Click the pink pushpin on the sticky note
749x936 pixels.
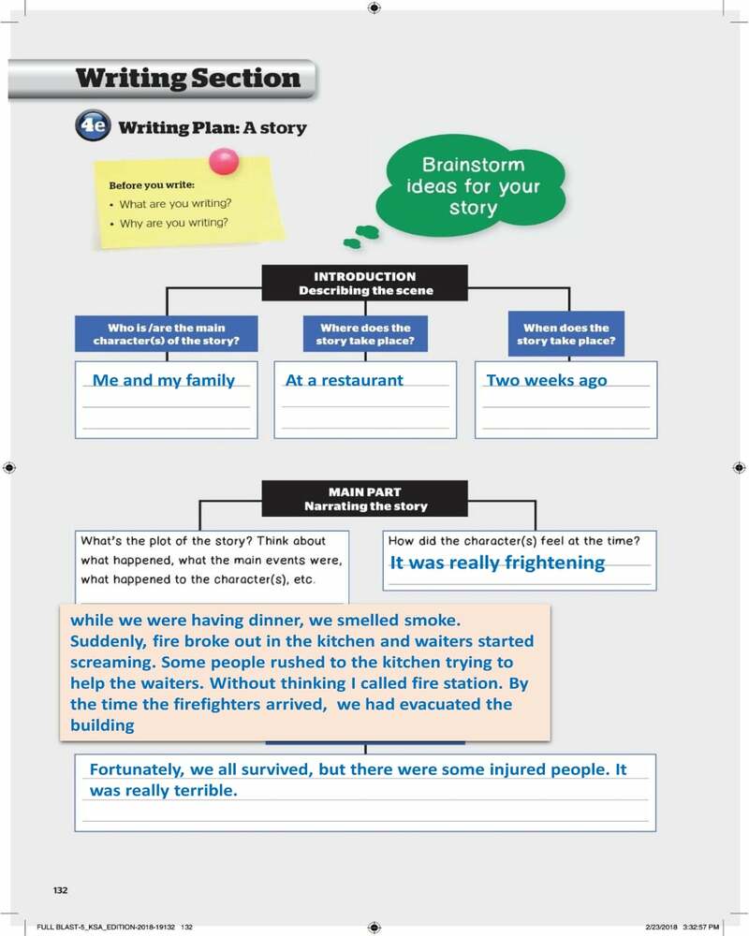point(225,162)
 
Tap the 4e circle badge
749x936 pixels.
point(93,126)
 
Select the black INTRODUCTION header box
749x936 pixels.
point(365,284)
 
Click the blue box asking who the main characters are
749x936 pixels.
point(167,334)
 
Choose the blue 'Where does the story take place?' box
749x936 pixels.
point(365,334)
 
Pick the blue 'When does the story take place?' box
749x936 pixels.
point(565,334)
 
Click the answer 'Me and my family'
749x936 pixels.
point(164,380)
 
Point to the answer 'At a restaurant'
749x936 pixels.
point(344,380)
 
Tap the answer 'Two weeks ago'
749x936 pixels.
point(547,380)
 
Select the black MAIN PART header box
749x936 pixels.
point(365,499)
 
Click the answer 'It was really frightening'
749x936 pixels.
point(497,563)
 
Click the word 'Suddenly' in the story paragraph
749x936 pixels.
point(103,642)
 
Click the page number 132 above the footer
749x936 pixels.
point(60,890)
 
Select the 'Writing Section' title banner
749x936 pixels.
point(187,79)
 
